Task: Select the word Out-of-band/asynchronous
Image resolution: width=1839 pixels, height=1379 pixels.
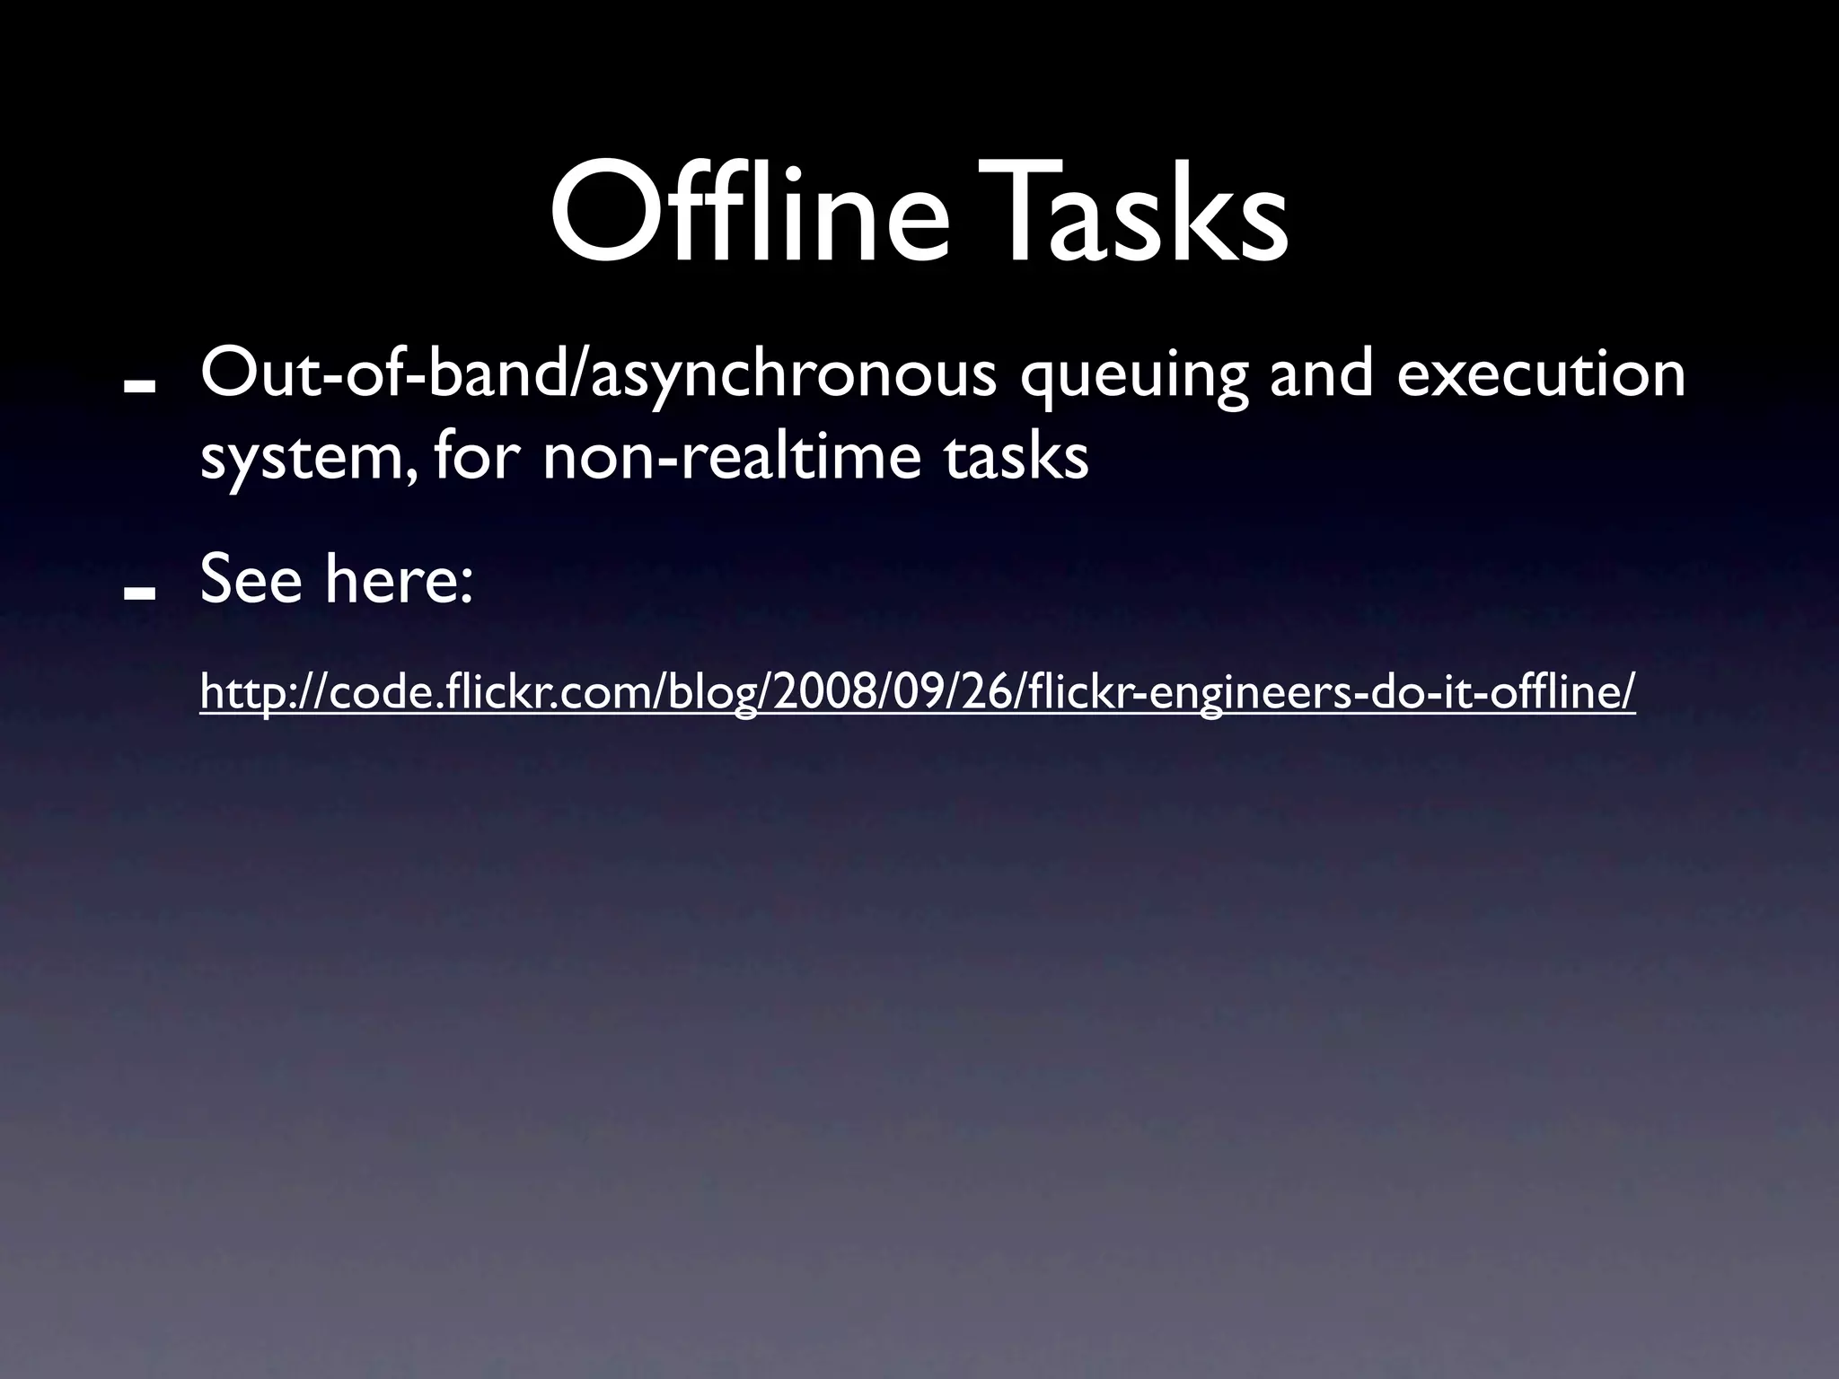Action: [598, 376]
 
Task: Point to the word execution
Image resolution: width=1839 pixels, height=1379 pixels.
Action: [1540, 374]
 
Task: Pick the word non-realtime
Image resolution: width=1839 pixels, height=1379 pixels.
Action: [731, 457]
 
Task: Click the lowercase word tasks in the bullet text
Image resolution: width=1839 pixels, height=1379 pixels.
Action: [1015, 457]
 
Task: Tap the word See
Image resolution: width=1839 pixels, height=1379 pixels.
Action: [251, 580]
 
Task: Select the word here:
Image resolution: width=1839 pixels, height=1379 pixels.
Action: [399, 580]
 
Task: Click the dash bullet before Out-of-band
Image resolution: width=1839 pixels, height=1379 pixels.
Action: [140, 385]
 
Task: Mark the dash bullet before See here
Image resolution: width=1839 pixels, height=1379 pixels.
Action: [140, 593]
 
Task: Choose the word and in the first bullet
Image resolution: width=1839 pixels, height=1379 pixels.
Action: [1320, 374]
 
